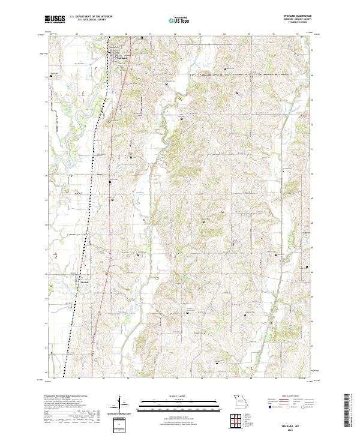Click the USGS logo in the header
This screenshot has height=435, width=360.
pos(55,20)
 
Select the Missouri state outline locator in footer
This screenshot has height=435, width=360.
pos(239,401)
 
